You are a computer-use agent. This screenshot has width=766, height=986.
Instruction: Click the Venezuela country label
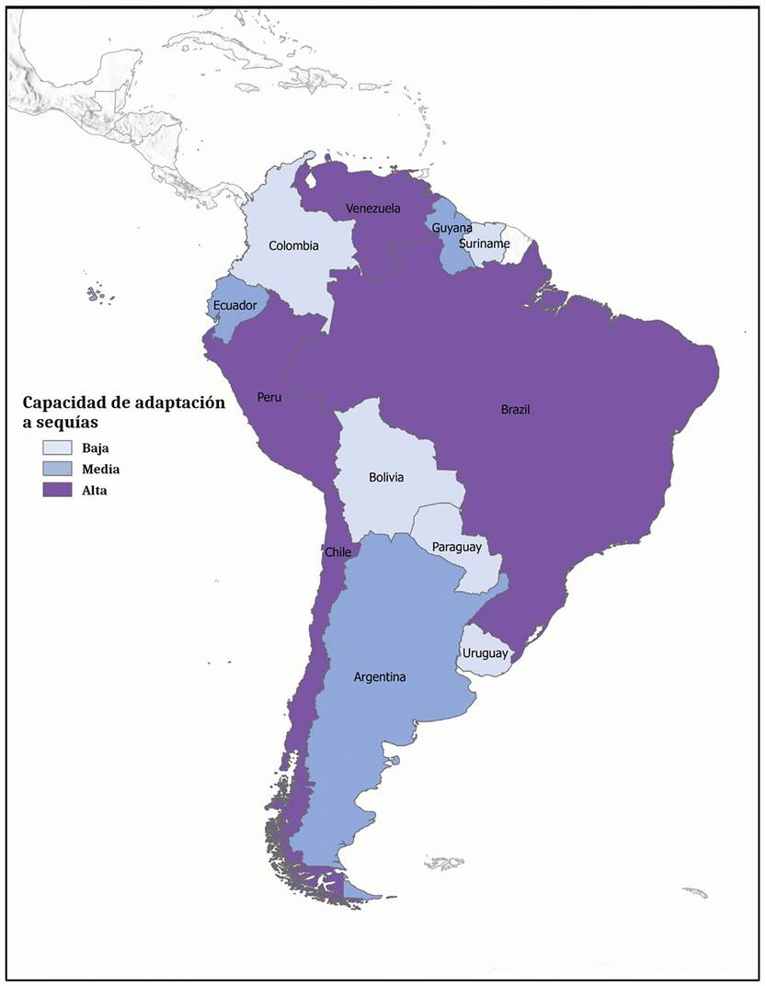373,209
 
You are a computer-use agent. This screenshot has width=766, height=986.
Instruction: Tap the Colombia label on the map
293,245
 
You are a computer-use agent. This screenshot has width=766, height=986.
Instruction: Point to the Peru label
269,398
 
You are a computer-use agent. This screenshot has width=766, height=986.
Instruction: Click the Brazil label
516,410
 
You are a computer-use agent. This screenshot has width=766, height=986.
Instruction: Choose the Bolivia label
385,478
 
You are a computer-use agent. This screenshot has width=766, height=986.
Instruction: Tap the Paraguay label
457,547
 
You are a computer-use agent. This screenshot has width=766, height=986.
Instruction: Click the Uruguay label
484,653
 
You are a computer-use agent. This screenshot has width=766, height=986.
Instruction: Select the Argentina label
380,677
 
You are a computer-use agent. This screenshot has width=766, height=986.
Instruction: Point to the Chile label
337,552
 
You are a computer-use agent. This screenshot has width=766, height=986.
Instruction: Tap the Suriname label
485,244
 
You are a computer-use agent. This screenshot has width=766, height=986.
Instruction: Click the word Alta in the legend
94,491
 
